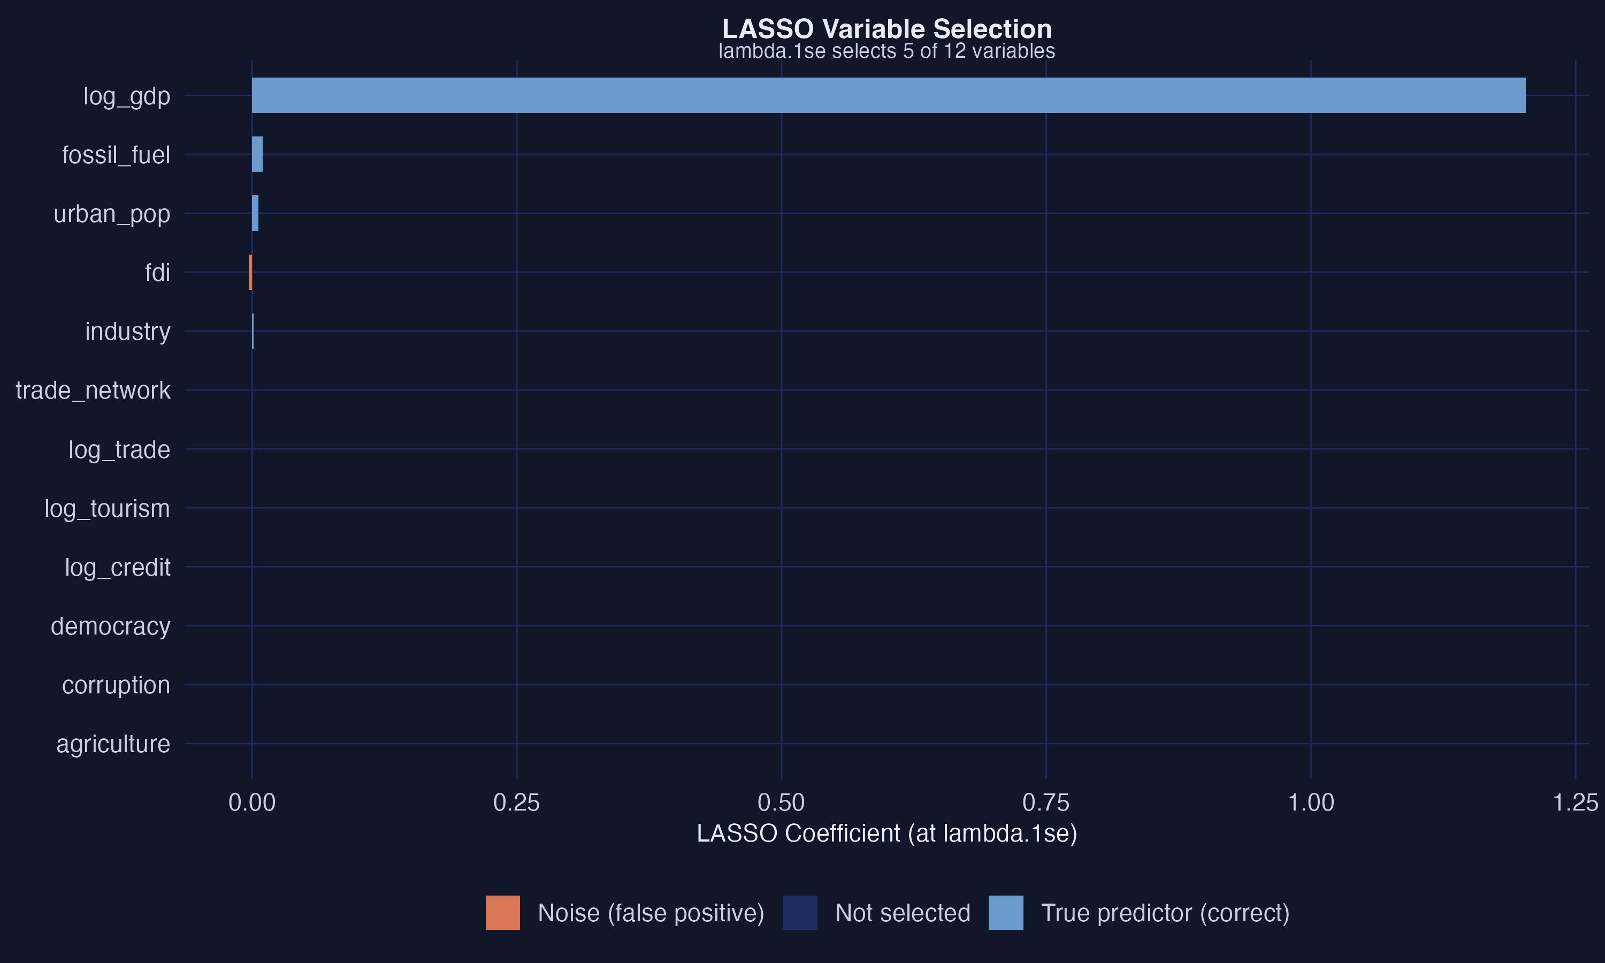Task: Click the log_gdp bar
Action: [x=888, y=95]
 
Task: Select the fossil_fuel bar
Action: [x=257, y=155]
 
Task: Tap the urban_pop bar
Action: [x=255, y=213]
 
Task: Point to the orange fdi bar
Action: [x=250, y=272]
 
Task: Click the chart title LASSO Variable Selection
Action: [x=887, y=29]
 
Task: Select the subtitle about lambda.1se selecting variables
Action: [x=887, y=51]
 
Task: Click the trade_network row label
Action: [x=93, y=391]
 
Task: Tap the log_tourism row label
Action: [x=107, y=509]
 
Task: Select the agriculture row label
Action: [x=113, y=744]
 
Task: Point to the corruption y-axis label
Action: [x=116, y=685]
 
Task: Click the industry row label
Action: [x=127, y=332]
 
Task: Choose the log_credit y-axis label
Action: [x=117, y=568]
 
